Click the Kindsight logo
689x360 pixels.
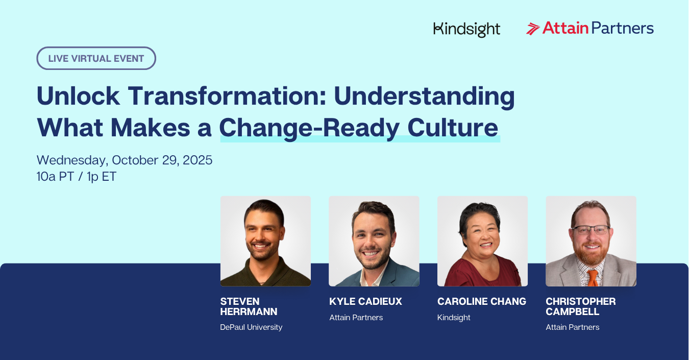pyautogui.click(x=466, y=30)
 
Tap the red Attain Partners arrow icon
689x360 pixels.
pyautogui.click(x=533, y=29)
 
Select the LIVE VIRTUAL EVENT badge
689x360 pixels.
pyautogui.click(x=96, y=58)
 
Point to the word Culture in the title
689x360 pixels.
pyautogui.click(x=453, y=127)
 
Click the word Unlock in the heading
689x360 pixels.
pyautogui.click(x=78, y=96)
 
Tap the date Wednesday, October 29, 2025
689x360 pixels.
pyautogui.click(x=125, y=160)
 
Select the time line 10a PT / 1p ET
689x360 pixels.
pyautogui.click(x=77, y=177)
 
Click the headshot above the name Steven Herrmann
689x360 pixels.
pyautogui.click(x=265, y=241)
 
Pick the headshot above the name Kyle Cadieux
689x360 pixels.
pyautogui.click(x=374, y=241)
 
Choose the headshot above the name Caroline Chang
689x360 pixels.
pyautogui.click(x=483, y=241)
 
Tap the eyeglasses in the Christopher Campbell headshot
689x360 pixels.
pyautogui.click(x=591, y=230)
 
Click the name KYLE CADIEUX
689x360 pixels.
pyautogui.click(x=366, y=302)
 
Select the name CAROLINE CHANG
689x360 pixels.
pyautogui.click(x=482, y=302)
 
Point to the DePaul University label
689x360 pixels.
pyautogui.click(x=251, y=327)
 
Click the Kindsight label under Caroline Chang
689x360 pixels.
pyautogui.click(x=454, y=318)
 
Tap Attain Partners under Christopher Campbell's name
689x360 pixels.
pyautogui.click(x=573, y=327)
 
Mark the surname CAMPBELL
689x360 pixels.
pyautogui.click(x=573, y=311)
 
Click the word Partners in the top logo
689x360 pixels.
pyautogui.click(x=623, y=28)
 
